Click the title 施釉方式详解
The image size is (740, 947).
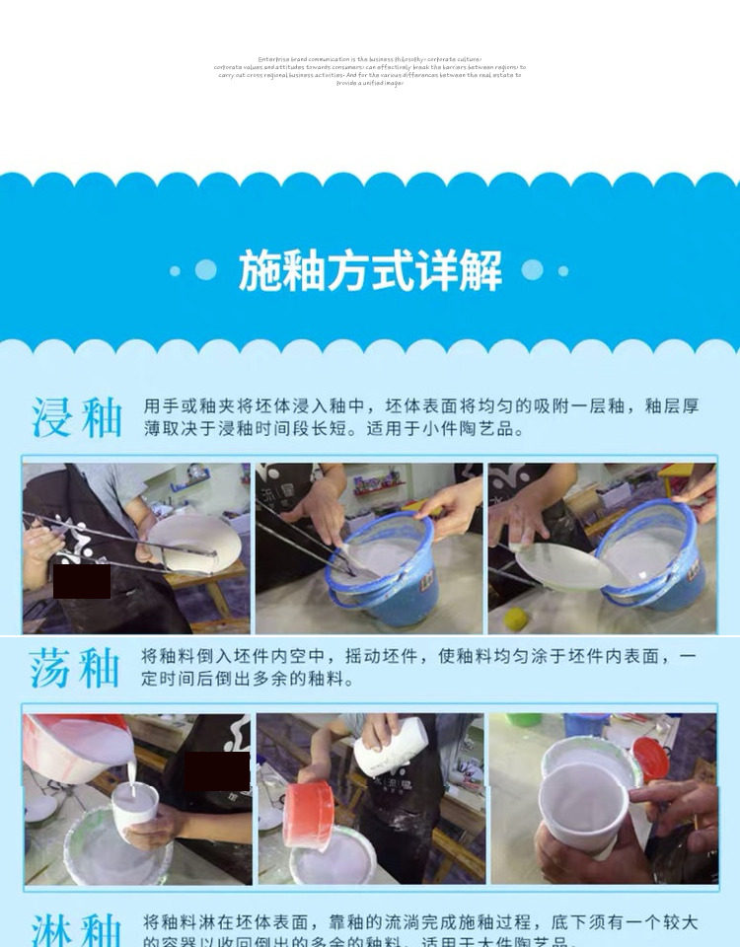(x=370, y=270)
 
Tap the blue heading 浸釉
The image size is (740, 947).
(x=77, y=417)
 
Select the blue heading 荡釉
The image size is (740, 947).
(x=75, y=669)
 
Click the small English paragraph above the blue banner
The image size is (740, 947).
(x=370, y=71)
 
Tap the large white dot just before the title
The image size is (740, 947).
(x=205, y=270)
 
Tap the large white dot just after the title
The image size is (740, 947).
(x=532, y=270)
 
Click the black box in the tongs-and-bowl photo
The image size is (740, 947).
(x=82, y=581)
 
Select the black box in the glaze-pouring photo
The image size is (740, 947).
(x=217, y=770)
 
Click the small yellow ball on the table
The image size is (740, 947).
(x=515, y=619)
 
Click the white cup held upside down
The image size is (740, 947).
(x=392, y=746)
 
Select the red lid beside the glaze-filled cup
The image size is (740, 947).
(x=652, y=759)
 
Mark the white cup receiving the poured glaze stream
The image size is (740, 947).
(x=134, y=812)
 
